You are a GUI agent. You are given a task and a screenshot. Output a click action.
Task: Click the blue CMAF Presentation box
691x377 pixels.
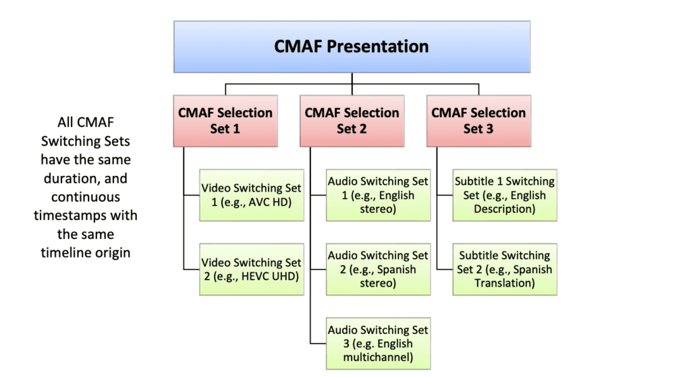pyautogui.click(x=352, y=47)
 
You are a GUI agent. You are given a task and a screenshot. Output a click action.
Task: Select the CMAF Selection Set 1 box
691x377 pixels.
pyautogui.click(x=225, y=121)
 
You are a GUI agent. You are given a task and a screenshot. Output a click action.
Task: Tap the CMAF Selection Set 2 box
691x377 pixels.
pyautogui.click(x=352, y=121)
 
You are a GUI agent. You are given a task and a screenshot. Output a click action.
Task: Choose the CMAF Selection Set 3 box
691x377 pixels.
pyautogui.click(x=478, y=121)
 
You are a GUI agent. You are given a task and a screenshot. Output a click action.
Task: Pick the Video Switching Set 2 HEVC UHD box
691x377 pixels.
pyautogui.click(x=251, y=269)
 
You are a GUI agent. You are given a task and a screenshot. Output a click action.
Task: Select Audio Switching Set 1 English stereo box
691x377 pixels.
pyautogui.click(x=378, y=195)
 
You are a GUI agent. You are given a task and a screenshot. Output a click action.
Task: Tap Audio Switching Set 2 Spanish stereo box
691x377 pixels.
pyautogui.click(x=378, y=269)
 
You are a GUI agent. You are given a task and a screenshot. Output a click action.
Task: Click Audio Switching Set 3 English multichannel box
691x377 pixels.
pyautogui.click(x=378, y=343)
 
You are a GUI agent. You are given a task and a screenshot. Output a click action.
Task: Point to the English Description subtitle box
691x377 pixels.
pyautogui.click(x=505, y=195)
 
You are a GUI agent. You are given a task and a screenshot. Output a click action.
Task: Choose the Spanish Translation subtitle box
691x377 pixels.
pyautogui.click(x=505, y=269)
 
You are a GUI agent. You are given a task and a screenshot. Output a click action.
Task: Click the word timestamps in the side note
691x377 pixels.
pyautogui.click(x=85, y=216)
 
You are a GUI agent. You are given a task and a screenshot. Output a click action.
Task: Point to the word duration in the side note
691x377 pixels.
pyautogui.click(x=85, y=179)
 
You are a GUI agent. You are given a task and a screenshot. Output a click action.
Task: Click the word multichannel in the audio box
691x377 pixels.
pyautogui.click(x=378, y=357)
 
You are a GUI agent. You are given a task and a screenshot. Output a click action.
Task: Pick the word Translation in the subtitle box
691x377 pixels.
pyautogui.click(x=505, y=283)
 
